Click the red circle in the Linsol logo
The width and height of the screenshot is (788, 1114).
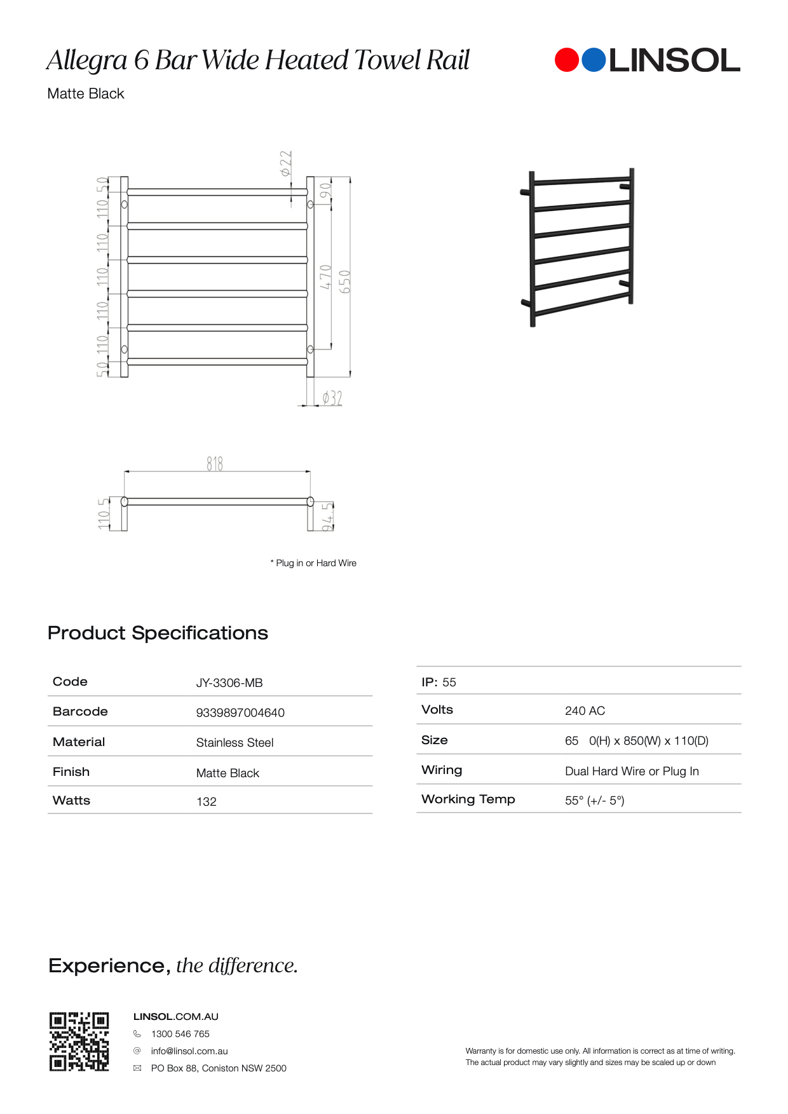567,60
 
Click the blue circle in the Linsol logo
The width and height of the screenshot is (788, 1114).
594,60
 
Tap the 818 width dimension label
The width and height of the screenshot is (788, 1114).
215,464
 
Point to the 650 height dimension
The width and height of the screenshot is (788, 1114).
345,282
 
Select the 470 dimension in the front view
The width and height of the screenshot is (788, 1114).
325,277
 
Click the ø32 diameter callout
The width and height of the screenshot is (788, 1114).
332,398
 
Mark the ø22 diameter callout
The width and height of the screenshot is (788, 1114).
286,163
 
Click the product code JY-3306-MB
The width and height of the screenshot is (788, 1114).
229,683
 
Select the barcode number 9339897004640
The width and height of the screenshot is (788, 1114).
240,713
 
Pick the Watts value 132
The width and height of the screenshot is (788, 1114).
207,802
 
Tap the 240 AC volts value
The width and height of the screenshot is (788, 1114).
585,711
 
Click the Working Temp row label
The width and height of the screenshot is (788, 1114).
468,799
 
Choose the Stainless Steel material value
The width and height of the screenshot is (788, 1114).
234,743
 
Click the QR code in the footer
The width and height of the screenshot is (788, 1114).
79,1042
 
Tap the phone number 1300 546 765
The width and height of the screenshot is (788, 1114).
180,1034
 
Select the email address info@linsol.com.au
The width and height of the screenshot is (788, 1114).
189,1051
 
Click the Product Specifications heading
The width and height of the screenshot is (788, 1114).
158,633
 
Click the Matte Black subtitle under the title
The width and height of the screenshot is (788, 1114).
86,94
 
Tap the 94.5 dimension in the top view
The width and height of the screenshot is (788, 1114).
327,516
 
